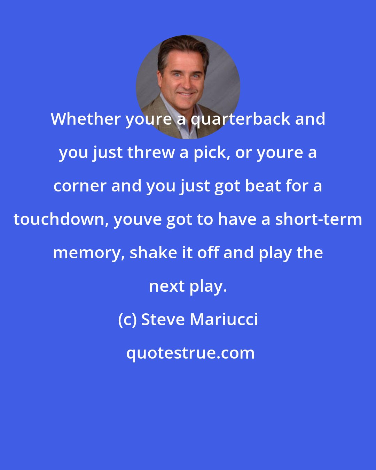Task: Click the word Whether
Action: [85, 119]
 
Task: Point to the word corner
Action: [80, 186]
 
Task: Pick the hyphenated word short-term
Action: [318, 219]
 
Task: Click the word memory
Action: [89, 253]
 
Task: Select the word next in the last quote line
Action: [167, 286]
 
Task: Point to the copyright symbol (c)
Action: [127, 320]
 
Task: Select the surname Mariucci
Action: [224, 320]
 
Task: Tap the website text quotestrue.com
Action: [190, 353]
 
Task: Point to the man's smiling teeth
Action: [185, 94]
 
